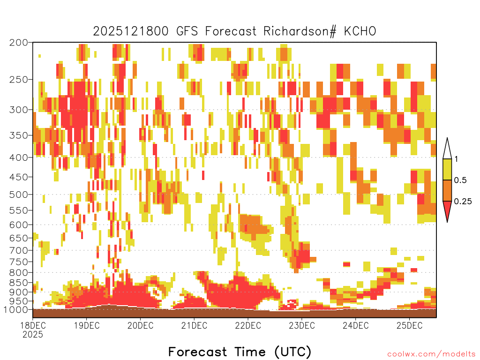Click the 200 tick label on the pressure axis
click(18, 43)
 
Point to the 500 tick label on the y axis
click(18, 195)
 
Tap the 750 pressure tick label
click(18, 262)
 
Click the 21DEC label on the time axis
click(194, 325)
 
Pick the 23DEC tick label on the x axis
click(302, 325)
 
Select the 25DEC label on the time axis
click(410, 325)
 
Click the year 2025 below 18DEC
click(33, 335)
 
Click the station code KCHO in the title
click(360, 31)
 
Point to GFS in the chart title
click(187, 31)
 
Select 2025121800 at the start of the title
click(131, 31)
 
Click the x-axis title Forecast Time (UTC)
click(240, 352)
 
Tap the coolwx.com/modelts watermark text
click(431, 354)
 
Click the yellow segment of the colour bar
click(447, 169)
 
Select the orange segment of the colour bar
click(447, 190)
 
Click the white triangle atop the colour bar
click(447, 149)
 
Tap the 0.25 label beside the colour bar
click(463, 202)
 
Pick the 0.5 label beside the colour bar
click(460, 180)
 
